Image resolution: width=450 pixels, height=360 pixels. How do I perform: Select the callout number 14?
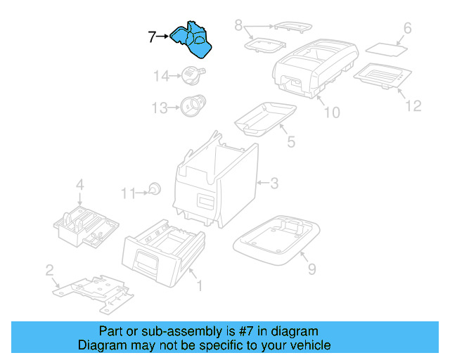tap(162, 75)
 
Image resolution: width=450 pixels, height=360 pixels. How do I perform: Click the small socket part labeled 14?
tap(191, 72)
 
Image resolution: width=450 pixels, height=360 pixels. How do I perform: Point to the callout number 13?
tap(160, 108)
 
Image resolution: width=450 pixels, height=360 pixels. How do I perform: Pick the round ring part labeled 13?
tap(191, 105)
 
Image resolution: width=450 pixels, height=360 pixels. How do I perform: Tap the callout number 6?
tap(406, 29)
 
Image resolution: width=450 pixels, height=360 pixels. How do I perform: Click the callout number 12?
tap(413, 105)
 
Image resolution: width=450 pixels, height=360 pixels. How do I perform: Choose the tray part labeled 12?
tap(380, 75)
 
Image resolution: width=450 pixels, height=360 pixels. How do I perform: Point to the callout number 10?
tap(331, 112)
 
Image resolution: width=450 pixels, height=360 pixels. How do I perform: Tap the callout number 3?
tap(274, 184)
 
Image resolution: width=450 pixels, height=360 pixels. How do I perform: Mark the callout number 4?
tap(80, 186)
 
